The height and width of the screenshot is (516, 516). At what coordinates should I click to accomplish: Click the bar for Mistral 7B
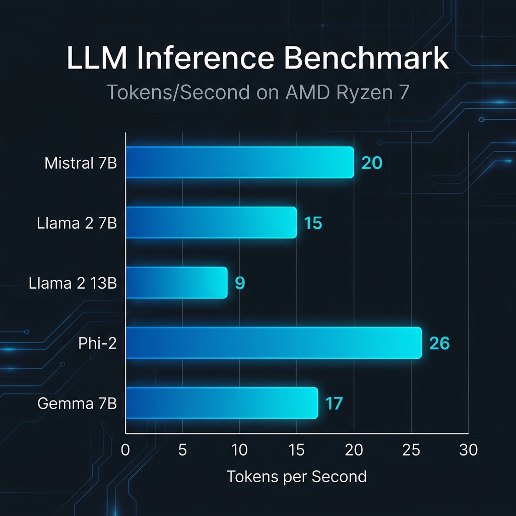pos(239,162)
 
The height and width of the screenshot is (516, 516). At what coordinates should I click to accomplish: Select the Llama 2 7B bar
pos(211,222)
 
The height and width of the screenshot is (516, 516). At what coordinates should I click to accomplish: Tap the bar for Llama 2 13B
pos(176,283)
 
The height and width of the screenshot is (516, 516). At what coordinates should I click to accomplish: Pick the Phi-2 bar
pos(273,343)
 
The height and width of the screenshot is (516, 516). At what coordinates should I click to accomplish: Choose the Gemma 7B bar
pos(222,403)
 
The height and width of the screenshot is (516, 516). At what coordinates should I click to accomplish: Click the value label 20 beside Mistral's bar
pos(372,163)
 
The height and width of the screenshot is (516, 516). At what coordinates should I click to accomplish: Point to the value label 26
pos(439,343)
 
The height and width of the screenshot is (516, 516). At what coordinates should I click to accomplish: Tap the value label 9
pos(240,283)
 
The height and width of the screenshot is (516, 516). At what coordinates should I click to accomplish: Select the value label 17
pos(334,403)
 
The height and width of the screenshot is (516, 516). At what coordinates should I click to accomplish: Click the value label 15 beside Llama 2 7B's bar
pos(312,223)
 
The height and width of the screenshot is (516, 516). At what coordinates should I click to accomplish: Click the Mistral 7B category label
pos(81,163)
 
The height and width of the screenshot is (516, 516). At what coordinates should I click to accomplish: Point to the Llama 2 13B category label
pos(73,283)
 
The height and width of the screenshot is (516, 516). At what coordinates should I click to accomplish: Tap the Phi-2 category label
pos(98,343)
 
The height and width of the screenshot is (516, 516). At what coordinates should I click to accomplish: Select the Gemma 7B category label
pos(77,403)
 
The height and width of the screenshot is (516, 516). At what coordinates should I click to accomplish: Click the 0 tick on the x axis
pos(125,450)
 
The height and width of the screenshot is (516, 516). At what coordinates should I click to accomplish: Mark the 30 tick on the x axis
pos(469,450)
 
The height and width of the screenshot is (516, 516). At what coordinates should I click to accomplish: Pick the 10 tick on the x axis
pos(240,450)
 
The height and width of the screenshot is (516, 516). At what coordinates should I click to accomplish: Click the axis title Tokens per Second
pos(297,476)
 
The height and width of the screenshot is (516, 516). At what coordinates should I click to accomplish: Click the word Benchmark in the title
pos(366,58)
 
